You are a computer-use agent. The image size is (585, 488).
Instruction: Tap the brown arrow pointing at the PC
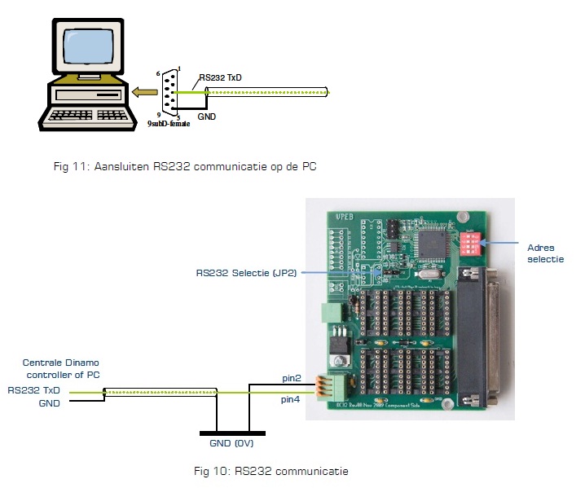pos(146,92)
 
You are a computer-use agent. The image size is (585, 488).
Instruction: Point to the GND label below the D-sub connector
pos(207,117)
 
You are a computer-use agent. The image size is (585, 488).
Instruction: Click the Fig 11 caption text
pos(184,166)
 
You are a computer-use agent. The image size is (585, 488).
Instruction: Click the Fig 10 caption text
pos(271,471)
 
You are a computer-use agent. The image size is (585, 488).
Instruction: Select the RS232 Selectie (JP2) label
pos(247,272)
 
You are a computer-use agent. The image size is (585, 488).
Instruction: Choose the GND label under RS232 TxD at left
pos(50,403)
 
